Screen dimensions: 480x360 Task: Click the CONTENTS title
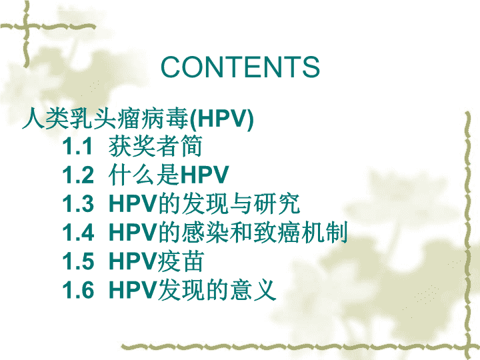pos(240,67)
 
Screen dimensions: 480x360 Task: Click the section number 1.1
pos(77,146)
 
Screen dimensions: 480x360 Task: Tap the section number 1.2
pos(78,175)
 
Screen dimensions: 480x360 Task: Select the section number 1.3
pos(78,203)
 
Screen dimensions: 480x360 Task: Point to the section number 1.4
pos(78,233)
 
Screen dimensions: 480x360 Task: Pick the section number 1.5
pos(78,261)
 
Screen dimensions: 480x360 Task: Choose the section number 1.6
pos(78,290)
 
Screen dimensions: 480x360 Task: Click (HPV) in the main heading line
pos(221,119)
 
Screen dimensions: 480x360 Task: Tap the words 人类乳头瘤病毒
pos(105,118)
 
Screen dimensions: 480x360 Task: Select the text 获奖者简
pos(155,146)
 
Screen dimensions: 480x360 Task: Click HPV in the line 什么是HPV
pos(205,175)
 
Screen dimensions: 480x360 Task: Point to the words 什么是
pos(145,175)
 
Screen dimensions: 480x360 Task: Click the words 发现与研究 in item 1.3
pos(229,203)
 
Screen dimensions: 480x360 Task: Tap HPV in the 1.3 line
pos(133,203)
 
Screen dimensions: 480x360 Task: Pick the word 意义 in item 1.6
pos(253,290)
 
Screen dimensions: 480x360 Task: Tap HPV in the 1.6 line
pos(133,290)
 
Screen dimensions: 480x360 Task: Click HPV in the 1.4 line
pos(133,233)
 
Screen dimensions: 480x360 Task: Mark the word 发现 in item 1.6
pos(182,290)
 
